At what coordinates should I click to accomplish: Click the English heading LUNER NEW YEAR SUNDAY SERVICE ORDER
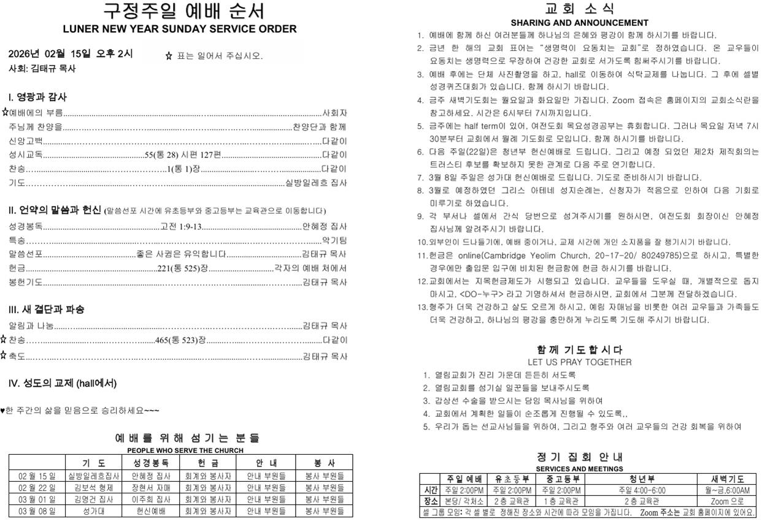point(179,29)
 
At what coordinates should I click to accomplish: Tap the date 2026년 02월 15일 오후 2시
point(71,54)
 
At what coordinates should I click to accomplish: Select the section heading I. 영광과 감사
point(37,97)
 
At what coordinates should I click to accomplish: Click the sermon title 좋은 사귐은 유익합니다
point(182,254)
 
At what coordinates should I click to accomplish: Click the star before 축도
point(4,355)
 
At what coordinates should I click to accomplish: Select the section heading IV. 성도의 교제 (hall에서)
point(62,384)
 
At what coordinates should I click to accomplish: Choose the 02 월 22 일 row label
point(37,488)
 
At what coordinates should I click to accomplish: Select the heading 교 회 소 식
point(579,9)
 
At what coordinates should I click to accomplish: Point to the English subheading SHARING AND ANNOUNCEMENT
point(579,23)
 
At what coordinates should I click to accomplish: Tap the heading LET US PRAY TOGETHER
point(579,362)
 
